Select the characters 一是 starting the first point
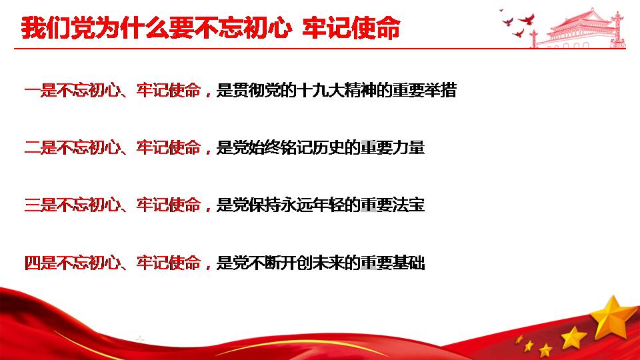pos(40,90)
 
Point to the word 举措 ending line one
pos(440,90)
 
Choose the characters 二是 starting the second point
pos(40,147)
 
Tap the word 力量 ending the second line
pos(409,147)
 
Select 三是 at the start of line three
pos(40,205)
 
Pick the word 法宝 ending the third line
pos(409,205)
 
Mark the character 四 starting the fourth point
pos(32,263)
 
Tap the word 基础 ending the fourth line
pos(409,263)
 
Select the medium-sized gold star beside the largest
pos(573,337)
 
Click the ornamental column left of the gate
pos(533,39)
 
